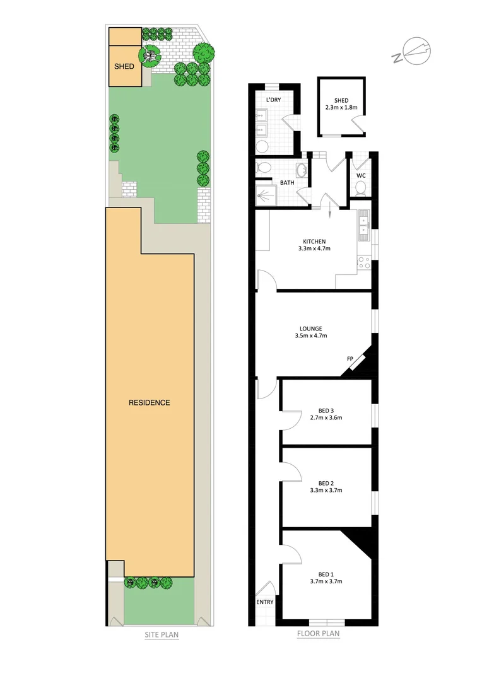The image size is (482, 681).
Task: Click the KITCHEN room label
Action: pos(314,242)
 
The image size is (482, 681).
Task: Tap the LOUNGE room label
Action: pos(311,329)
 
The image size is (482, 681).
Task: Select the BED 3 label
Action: pos(326,410)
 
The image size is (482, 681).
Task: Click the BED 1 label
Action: pos(326,574)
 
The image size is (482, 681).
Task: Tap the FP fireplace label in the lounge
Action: pos(350,359)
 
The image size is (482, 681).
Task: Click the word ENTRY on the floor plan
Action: pos(265,602)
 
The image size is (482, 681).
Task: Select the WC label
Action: pos(361,176)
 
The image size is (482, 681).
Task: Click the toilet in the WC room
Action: pos(361,188)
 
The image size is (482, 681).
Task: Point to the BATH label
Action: pos(287,183)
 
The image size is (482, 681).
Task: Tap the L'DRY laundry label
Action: pos(273,100)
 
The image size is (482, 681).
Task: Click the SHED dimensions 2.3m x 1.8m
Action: pos(341,108)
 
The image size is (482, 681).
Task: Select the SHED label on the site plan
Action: pos(124,66)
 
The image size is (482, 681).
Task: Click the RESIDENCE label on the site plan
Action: pos(150,402)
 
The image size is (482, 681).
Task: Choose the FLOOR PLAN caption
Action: pos(318,634)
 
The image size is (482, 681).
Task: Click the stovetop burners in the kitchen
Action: pos(364,262)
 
